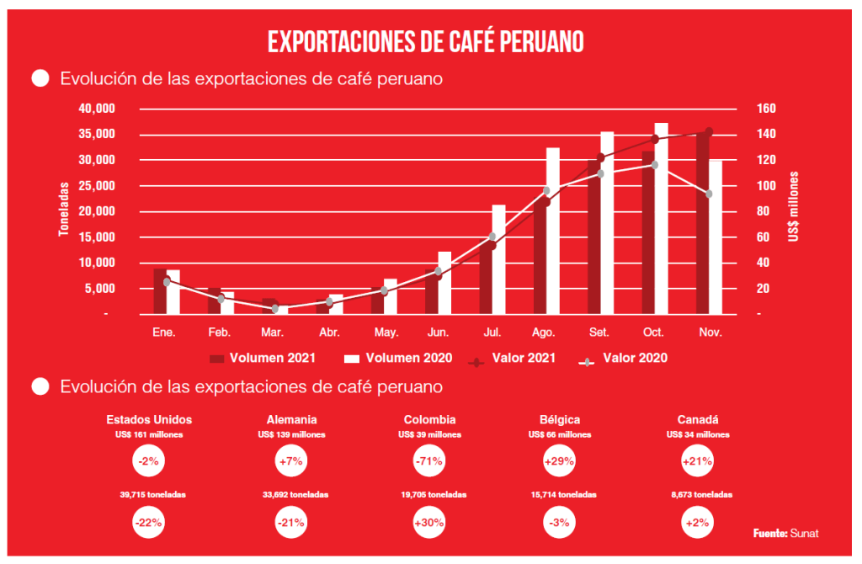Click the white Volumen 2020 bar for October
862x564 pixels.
662,219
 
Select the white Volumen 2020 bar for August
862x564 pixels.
553,231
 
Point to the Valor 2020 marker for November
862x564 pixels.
709,194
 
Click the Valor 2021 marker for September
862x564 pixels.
600,157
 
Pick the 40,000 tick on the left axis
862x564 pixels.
96,109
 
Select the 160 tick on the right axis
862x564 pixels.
753,109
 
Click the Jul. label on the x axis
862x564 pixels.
492,333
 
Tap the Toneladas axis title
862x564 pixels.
64,211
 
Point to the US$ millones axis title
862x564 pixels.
793,207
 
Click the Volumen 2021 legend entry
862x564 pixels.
262,358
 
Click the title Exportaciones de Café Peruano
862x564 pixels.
426,41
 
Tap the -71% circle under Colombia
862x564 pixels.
429,461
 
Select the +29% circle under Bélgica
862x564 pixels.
560,461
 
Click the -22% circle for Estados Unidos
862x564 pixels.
149,522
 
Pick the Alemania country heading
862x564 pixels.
291,419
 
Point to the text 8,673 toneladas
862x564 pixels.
698,495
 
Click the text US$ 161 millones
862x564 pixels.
149,434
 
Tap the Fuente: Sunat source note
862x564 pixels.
785,534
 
